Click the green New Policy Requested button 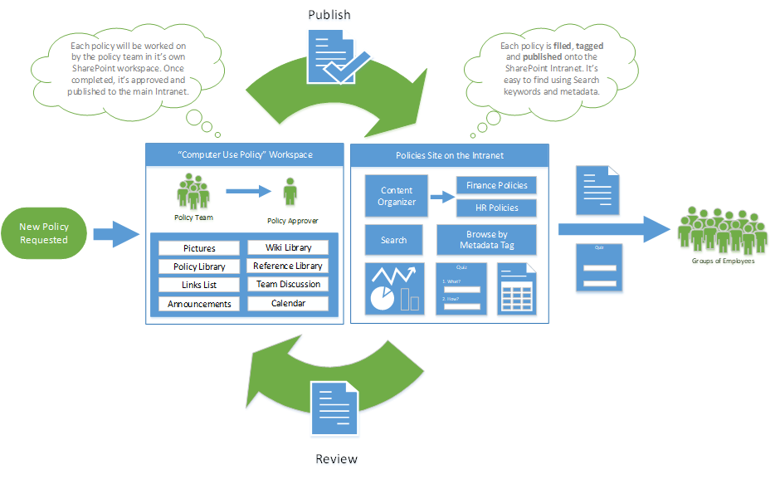coord(44,233)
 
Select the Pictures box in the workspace coord(199,248)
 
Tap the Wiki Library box coord(288,247)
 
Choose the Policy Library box coord(199,266)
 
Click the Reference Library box coord(288,266)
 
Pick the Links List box coord(199,285)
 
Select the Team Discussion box coord(288,284)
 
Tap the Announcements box coord(199,304)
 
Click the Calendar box coord(288,303)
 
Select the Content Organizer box coord(397,196)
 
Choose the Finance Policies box coord(496,185)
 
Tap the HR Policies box coord(496,208)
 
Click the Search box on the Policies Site coord(393,240)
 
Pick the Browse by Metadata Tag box coord(486,240)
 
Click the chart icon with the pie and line coord(394,288)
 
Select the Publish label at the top coord(329,16)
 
